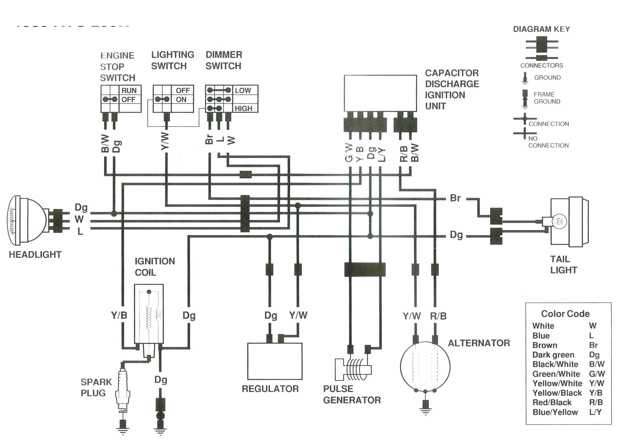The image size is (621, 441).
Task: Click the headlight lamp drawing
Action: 27,219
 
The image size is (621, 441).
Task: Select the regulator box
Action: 275,361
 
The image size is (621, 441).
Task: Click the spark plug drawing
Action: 123,391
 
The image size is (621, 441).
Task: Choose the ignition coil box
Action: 149,314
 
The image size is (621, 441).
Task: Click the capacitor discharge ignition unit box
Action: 380,93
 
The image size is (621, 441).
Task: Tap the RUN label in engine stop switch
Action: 129,90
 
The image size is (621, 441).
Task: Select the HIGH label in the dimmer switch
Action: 243,109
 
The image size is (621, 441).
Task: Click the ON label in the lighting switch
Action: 181,100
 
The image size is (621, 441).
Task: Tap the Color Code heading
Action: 565,314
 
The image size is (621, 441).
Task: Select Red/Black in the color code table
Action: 552,402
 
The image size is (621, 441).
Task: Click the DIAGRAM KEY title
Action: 541,29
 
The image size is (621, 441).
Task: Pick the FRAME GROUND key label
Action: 547,98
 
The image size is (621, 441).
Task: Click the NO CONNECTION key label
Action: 548,142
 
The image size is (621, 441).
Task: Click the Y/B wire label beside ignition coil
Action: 119,315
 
